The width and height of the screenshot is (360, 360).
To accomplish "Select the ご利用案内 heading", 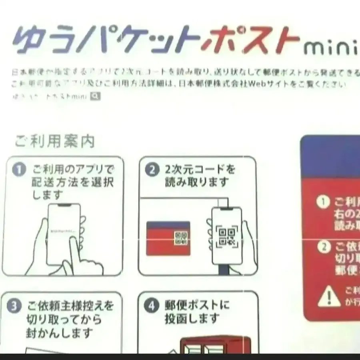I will pyautogui.click(x=55, y=142).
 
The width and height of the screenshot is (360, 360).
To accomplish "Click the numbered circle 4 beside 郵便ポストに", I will pyautogui.click(x=151, y=306).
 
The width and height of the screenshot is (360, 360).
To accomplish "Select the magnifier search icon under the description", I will pyautogui.click(x=95, y=96).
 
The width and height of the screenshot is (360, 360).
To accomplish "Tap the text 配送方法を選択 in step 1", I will pyautogui.click(x=72, y=182).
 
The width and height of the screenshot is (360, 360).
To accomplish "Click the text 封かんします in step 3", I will pyautogui.click(x=60, y=333).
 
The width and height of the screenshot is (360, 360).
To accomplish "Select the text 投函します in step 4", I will pyautogui.click(x=192, y=319).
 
